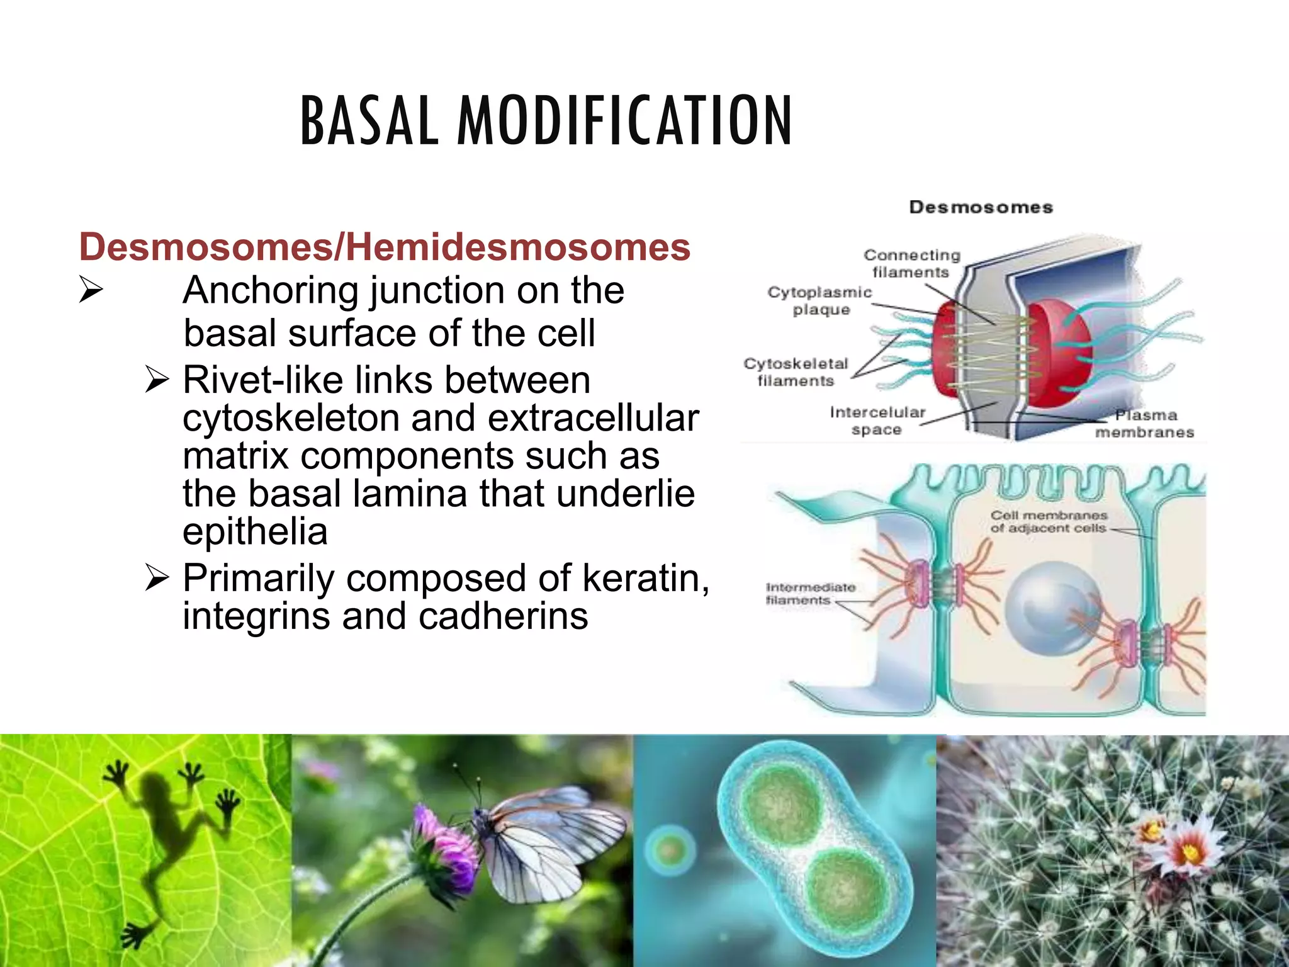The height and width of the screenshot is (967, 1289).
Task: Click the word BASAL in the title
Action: click(369, 121)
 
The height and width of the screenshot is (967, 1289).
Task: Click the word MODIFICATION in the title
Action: click(624, 121)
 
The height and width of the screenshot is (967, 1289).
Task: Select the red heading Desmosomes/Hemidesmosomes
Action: click(385, 246)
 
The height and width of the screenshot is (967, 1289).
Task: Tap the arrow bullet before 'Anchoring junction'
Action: click(91, 291)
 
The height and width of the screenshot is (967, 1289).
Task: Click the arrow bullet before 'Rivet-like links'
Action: click(157, 380)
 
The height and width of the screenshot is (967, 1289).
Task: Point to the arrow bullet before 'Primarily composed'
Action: click(157, 577)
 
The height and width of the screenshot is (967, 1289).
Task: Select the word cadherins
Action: click(504, 616)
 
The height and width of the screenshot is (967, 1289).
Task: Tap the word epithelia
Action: click(255, 531)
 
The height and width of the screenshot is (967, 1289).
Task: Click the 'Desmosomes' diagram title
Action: click(981, 207)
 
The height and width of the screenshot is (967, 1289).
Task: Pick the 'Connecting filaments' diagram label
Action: click(911, 263)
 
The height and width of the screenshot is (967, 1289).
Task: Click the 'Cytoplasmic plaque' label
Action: click(819, 300)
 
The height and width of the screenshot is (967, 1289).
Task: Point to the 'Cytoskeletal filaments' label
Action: click(796, 372)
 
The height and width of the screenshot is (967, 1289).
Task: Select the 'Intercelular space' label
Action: click(877, 421)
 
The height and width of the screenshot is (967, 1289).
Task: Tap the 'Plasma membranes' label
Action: click(1145, 424)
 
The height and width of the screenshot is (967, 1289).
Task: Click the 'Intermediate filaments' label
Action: click(810, 594)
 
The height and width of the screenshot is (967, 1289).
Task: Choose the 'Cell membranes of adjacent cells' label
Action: click(1048, 522)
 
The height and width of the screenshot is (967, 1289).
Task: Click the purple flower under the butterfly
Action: click(444, 847)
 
